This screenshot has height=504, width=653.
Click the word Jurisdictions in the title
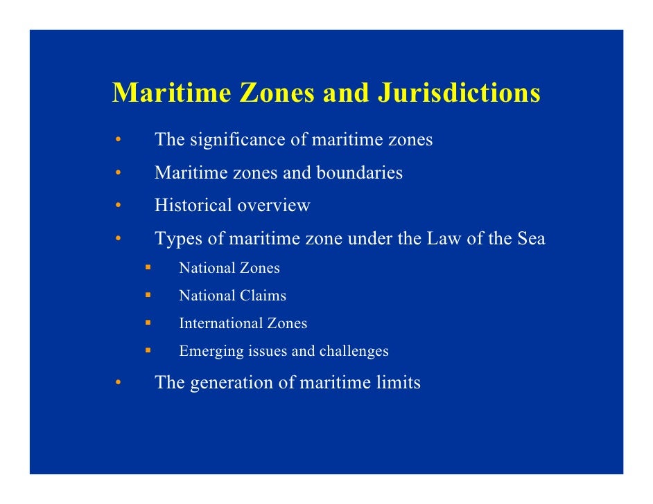pyautogui.click(x=458, y=93)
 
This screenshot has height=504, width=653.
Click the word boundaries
pyautogui.click(x=359, y=172)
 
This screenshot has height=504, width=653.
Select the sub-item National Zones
pyautogui.click(x=229, y=268)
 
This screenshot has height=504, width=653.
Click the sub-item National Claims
pyautogui.click(x=232, y=296)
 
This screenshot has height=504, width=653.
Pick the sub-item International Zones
pyautogui.click(x=243, y=323)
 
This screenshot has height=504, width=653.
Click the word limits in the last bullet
pyautogui.click(x=397, y=383)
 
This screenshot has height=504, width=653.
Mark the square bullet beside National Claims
pyautogui.click(x=148, y=294)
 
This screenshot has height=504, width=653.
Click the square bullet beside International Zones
pyautogui.click(x=148, y=322)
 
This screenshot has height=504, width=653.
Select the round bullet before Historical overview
pyautogui.click(x=119, y=206)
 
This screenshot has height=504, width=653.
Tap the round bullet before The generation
pyautogui.click(x=119, y=383)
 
